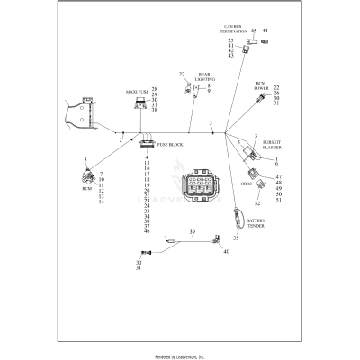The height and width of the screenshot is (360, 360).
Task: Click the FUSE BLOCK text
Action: point(171,145)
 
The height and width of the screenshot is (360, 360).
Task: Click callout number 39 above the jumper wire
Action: point(191,232)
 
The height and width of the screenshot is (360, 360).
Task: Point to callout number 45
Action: point(254,31)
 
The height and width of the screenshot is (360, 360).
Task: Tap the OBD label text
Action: point(245,184)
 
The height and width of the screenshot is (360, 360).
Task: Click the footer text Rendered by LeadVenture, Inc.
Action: point(180,355)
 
